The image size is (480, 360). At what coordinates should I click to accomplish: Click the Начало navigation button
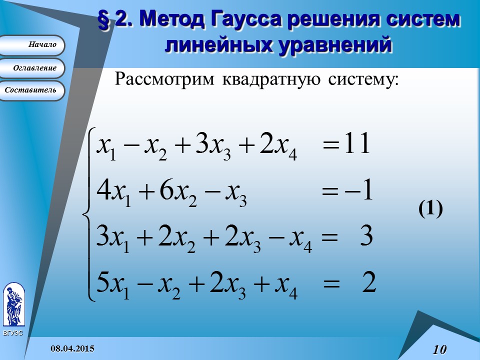[x=32, y=45]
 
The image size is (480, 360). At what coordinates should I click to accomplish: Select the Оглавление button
[x=32, y=67]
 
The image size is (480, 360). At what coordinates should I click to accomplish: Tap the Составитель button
[x=32, y=90]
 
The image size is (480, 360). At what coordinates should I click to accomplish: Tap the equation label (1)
[x=430, y=209]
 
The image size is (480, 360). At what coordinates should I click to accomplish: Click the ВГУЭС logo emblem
[x=13, y=305]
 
